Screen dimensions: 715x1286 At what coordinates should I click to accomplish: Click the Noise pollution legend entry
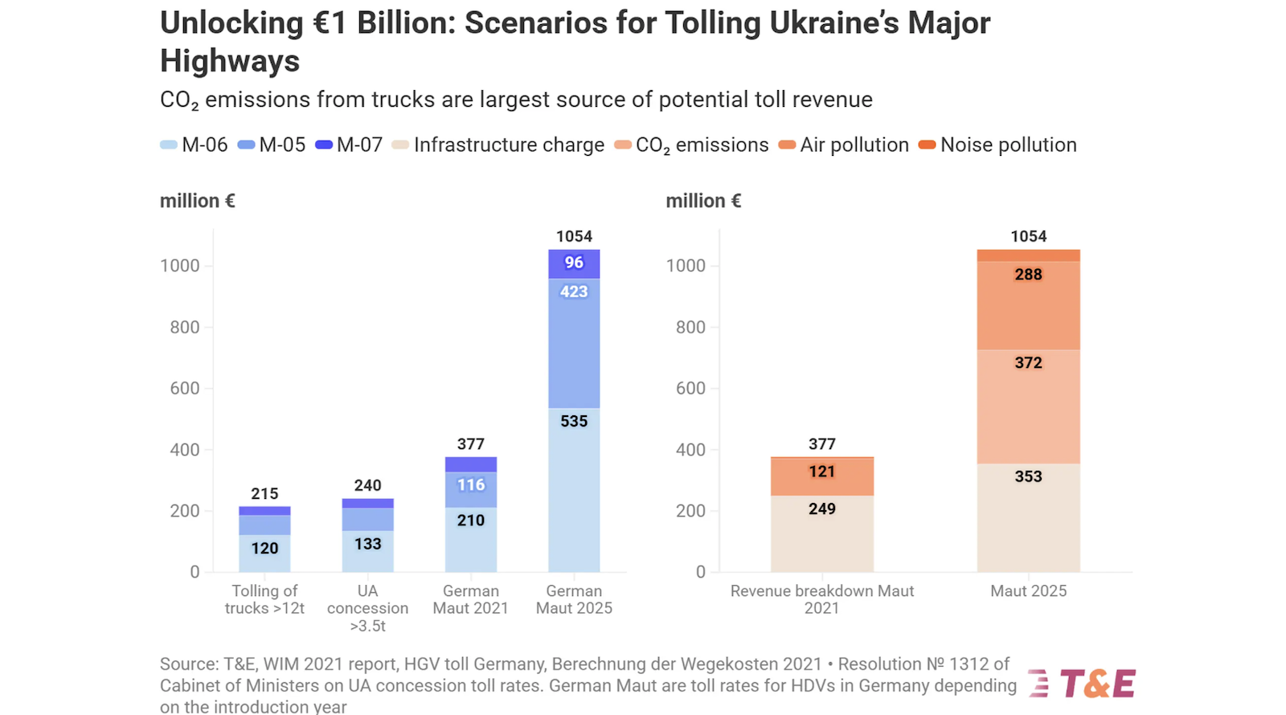[x=998, y=145]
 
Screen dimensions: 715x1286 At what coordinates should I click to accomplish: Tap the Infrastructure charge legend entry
[x=498, y=145]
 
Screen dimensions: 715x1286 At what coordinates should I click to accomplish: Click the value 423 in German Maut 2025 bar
[x=574, y=292]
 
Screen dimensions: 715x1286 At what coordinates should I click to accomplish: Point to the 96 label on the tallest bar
[x=574, y=263]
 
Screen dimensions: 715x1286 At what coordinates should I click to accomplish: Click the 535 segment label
[x=574, y=421]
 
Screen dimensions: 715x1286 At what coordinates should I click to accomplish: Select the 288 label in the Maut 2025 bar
[x=1028, y=275]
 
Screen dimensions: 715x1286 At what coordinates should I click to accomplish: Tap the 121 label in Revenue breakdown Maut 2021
[x=821, y=472]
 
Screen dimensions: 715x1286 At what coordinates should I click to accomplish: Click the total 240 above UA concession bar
[x=367, y=485]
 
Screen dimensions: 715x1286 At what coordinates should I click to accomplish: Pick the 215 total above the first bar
[x=264, y=493]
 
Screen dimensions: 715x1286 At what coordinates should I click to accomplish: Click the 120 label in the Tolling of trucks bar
[x=264, y=548]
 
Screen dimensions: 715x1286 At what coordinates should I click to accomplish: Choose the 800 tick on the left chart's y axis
[x=184, y=327]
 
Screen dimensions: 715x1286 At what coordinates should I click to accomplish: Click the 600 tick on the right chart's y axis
[x=690, y=388]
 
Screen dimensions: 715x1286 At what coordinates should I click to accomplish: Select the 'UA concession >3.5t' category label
[x=367, y=608]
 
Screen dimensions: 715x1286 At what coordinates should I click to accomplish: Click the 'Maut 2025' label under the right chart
[x=1028, y=591]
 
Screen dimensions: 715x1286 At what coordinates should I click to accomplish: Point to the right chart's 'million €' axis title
[x=703, y=201]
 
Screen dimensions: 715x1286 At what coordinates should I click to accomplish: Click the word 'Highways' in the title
[x=230, y=61]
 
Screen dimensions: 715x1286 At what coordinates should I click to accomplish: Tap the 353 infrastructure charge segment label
[x=1028, y=476]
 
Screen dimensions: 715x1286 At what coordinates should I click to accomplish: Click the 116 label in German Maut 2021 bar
[x=471, y=484]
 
